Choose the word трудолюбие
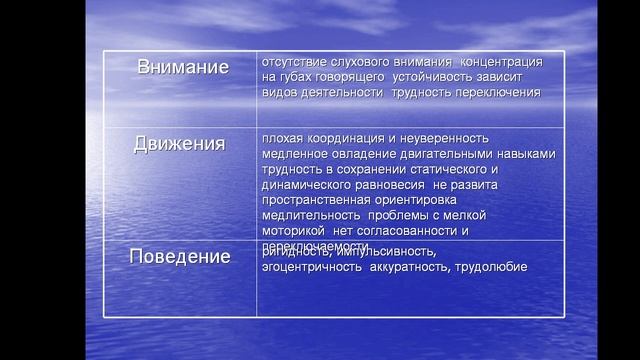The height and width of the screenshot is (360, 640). tap(491, 267)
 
